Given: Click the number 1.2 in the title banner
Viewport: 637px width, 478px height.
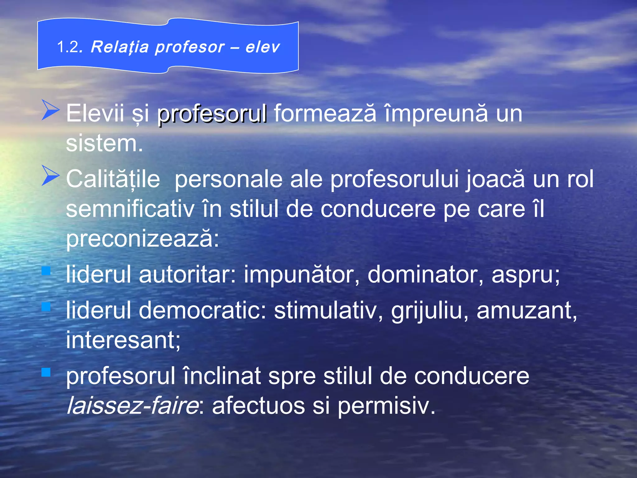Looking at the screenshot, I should [x=69, y=47].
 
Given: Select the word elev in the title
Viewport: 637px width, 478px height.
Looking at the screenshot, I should [x=263, y=47].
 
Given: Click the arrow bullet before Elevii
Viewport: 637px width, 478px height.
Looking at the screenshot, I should [x=50, y=110].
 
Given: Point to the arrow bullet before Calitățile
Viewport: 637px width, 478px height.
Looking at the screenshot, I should [x=50, y=176].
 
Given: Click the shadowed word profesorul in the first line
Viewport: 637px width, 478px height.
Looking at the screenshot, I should [x=212, y=114].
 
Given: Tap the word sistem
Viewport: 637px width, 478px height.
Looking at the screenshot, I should [x=104, y=143].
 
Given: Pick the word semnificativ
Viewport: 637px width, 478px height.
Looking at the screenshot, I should [x=130, y=209].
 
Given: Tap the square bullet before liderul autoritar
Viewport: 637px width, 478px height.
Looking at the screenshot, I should [x=46, y=271].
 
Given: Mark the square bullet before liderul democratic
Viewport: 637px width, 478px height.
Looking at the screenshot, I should [x=46, y=307].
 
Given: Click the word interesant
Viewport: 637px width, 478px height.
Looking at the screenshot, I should [x=123, y=340].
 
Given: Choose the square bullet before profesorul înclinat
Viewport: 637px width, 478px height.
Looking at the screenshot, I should [x=46, y=372].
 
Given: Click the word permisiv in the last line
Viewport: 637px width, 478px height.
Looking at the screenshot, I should [x=386, y=406].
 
